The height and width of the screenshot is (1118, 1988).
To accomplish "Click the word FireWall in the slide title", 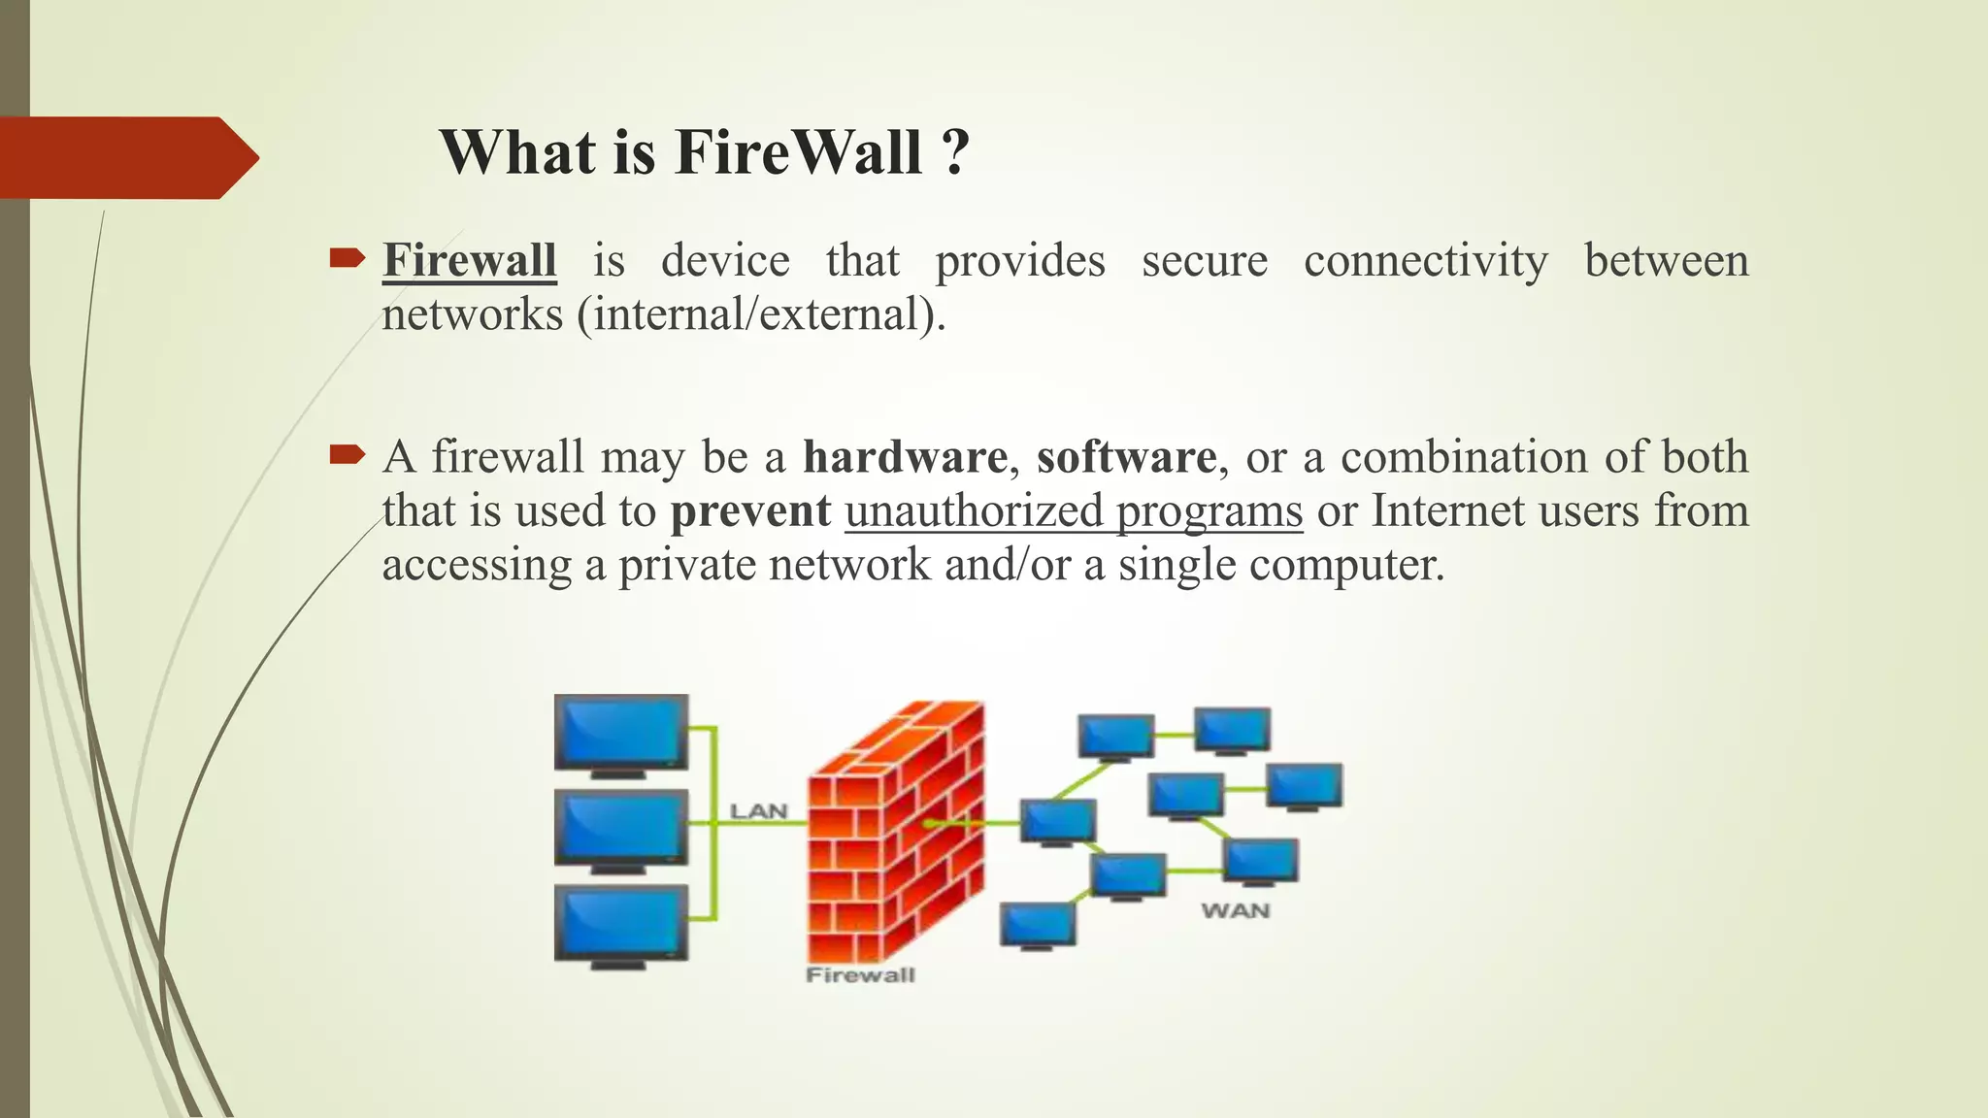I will click(798, 152).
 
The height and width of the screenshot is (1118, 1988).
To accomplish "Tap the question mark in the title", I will click(955, 152).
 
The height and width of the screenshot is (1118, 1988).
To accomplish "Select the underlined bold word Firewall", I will click(470, 260).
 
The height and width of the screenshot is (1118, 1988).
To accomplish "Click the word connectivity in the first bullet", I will click(1425, 260).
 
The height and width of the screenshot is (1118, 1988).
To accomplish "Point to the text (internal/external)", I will click(761, 314).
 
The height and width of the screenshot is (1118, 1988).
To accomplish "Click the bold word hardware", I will click(905, 456).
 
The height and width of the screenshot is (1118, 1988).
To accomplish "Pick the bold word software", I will click(1126, 456).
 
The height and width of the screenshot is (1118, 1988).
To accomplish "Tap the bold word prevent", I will click(750, 510).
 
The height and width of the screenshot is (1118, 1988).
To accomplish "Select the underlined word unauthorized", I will click(974, 510).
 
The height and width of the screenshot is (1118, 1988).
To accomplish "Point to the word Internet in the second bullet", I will click(1447, 510).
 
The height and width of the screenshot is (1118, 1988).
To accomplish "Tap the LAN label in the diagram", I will click(758, 810).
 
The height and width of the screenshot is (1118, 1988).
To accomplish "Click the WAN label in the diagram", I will click(1235, 910).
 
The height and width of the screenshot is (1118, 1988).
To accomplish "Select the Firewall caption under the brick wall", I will click(860, 974).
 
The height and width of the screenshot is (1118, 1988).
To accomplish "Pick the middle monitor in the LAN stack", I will click(621, 828).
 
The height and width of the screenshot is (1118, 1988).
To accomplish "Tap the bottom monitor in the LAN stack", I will click(621, 923).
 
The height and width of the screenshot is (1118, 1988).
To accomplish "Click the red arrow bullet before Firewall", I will click(347, 258).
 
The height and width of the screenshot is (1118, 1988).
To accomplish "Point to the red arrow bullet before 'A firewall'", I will click(347, 454).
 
